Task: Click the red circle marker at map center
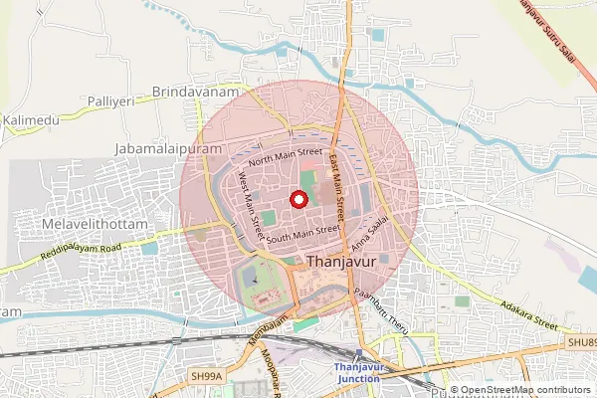pyautogui.click(x=297, y=199)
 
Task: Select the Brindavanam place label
pyautogui.click(x=197, y=92)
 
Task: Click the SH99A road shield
pyautogui.click(x=206, y=375)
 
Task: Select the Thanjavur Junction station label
pyautogui.click(x=357, y=373)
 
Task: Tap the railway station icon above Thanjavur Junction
pyautogui.click(x=358, y=354)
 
